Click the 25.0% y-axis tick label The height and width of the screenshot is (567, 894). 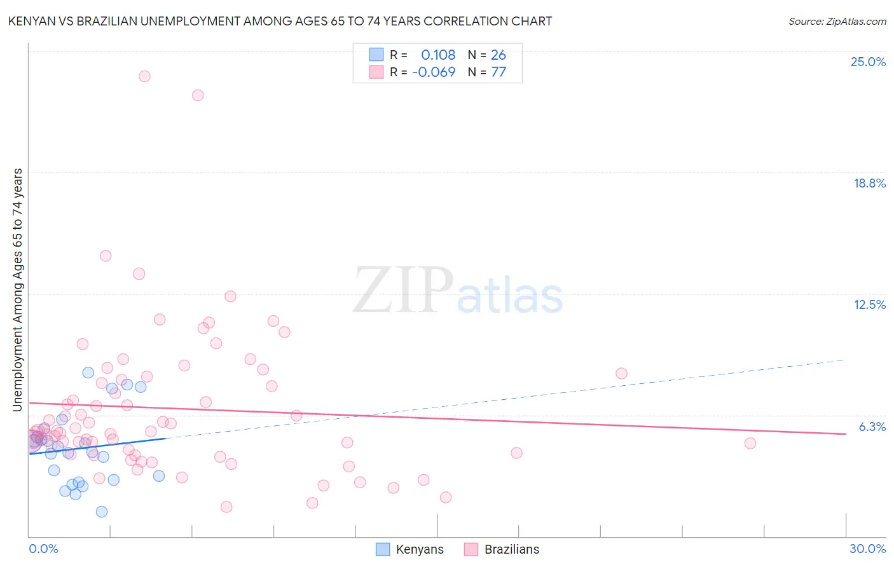point(868,62)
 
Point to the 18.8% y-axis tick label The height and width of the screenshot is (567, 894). point(869,183)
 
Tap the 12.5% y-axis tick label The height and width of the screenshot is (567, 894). point(869,304)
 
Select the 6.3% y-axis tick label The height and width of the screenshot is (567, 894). point(872,427)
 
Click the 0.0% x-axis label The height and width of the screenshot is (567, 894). point(43,549)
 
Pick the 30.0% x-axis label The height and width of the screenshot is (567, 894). point(867,549)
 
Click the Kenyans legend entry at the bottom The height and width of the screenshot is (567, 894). point(419,549)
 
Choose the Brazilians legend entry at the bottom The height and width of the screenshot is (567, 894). point(511,549)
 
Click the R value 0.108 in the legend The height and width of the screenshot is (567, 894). point(438,55)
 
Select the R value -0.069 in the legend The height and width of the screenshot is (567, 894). point(434,72)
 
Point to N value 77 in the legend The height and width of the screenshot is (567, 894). point(499,72)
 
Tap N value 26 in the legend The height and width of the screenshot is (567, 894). point(499,55)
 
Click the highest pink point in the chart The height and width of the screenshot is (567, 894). point(144,76)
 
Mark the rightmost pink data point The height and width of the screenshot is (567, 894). point(750,443)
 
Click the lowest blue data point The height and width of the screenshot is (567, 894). point(102,512)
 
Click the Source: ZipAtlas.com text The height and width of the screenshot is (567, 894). point(837,21)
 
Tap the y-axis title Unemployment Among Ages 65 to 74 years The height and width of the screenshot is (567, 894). point(18,289)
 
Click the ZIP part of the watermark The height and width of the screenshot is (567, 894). point(402,290)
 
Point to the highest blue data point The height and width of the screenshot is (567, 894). point(88,372)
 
